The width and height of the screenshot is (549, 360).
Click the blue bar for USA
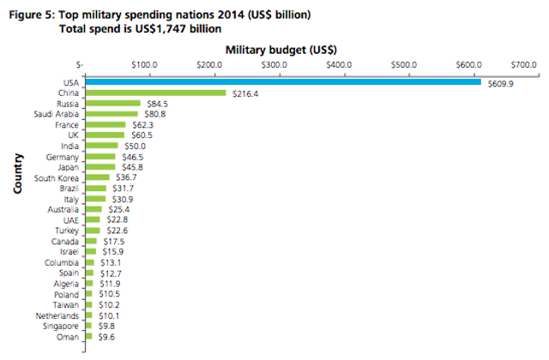point(283,81)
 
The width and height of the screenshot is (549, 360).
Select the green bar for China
point(155,93)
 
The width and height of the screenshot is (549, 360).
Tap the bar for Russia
point(112,103)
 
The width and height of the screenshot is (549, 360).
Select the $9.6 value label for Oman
point(106,337)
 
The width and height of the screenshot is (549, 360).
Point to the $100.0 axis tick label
point(143,65)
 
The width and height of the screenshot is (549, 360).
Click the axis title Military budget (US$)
point(281,49)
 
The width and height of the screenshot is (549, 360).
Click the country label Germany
point(65,157)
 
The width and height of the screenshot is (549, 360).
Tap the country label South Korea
point(58,177)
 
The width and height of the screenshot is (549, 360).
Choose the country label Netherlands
point(60,315)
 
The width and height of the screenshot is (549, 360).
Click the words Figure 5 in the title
point(32,15)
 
